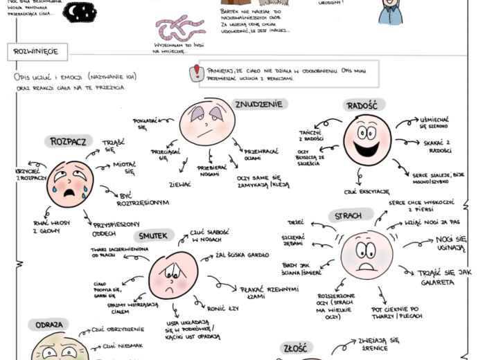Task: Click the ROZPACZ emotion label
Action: click(68, 141)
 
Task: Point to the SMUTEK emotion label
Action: click(157, 236)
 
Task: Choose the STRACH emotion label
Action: click(348, 216)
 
